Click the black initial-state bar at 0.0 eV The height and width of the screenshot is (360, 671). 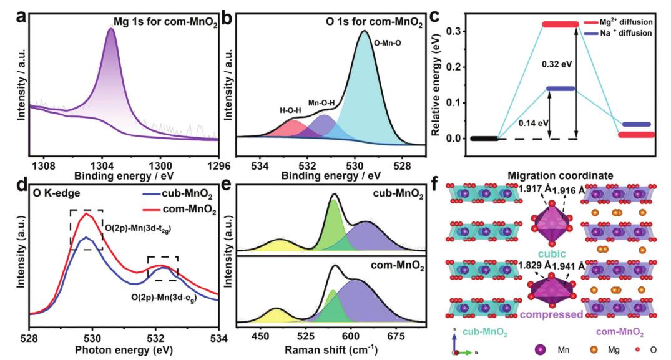pyautogui.click(x=482, y=138)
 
